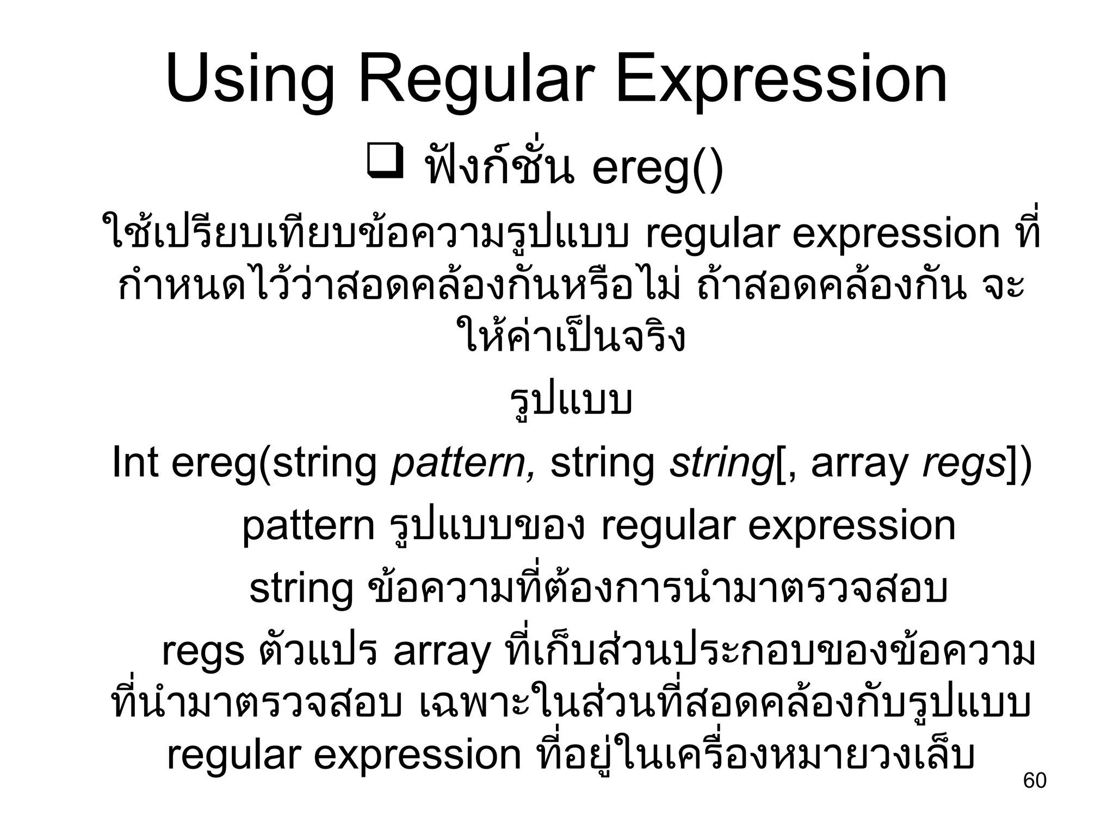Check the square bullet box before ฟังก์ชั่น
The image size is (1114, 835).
coord(385,161)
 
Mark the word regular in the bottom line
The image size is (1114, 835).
coord(234,756)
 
